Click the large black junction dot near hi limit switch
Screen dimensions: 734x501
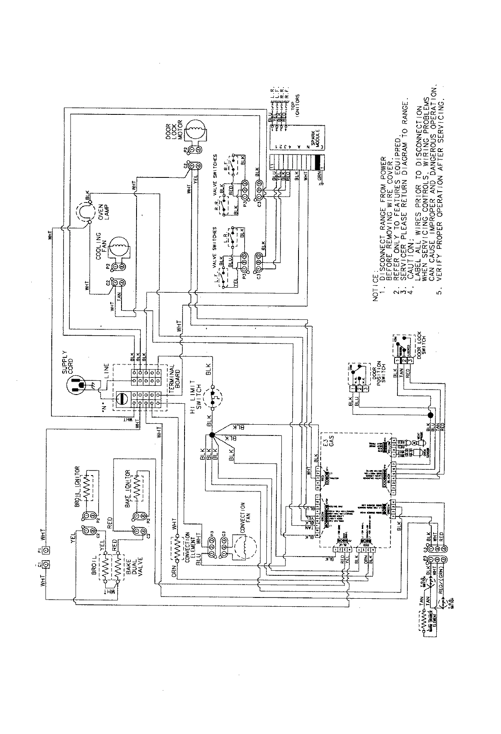pyautogui.click(x=212, y=435)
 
